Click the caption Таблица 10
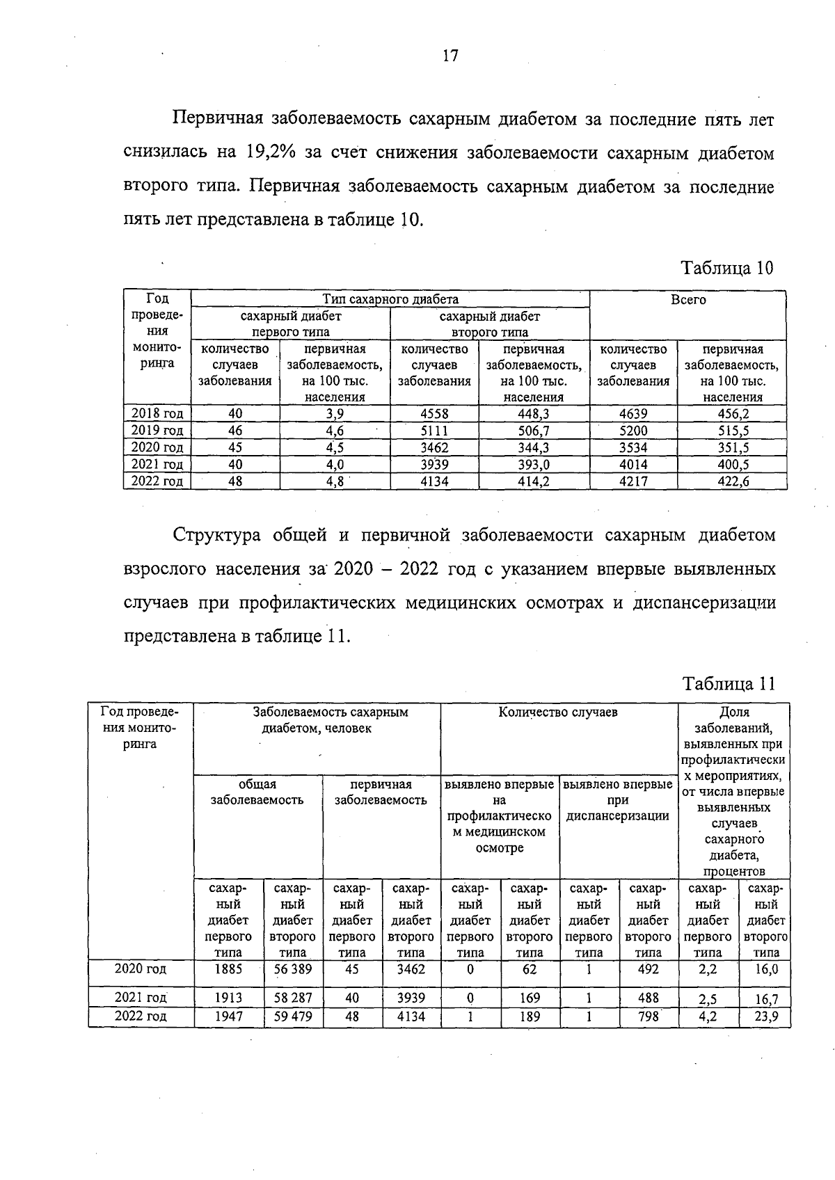(x=726, y=269)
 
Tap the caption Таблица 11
(x=729, y=684)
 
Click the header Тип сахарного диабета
(x=390, y=299)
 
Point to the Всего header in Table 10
(x=687, y=299)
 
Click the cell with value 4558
(x=434, y=414)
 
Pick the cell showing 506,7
(x=534, y=431)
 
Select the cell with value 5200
(x=633, y=431)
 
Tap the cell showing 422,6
(x=733, y=481)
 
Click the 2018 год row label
(x=157, y=414)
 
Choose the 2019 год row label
(x=157, y=431)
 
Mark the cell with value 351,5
(x=733, y=447)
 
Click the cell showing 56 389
(x=292, y=968)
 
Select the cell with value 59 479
(x=292, y=1016)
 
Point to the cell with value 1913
(x=228, y=998)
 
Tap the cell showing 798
(x=648, y=1016)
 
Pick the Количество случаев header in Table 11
(x=558, y=712)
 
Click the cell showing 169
(x=530, y=998)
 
